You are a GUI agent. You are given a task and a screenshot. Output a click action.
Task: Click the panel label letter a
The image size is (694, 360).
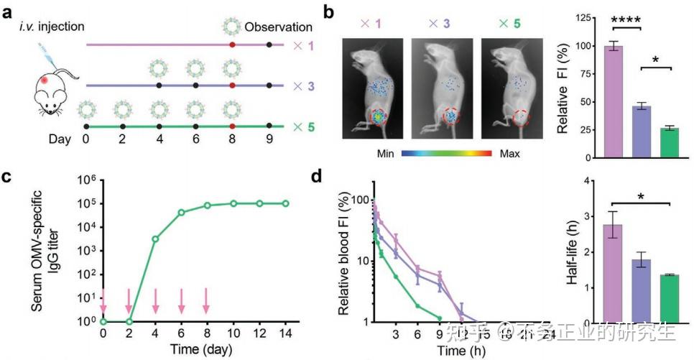point(9,10)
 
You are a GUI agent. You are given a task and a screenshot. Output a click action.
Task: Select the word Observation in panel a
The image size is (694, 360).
point(278,27)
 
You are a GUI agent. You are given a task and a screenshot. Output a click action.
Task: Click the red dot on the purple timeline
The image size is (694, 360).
point(232,45)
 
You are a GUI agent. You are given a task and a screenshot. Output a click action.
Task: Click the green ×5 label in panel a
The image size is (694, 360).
point(300,126)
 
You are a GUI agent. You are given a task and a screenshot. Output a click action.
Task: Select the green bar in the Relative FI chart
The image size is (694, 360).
point(669,142)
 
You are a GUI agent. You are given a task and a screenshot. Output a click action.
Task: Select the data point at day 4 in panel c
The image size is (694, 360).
point(155,238)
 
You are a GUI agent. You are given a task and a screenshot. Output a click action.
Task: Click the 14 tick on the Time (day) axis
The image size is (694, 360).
point(286,334)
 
